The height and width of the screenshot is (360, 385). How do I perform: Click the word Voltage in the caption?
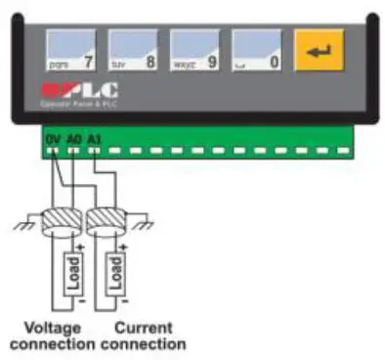pyautogui.click(x=52, y=328)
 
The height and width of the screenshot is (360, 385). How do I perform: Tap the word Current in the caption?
pyautogui.click(x=143, y=328)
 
